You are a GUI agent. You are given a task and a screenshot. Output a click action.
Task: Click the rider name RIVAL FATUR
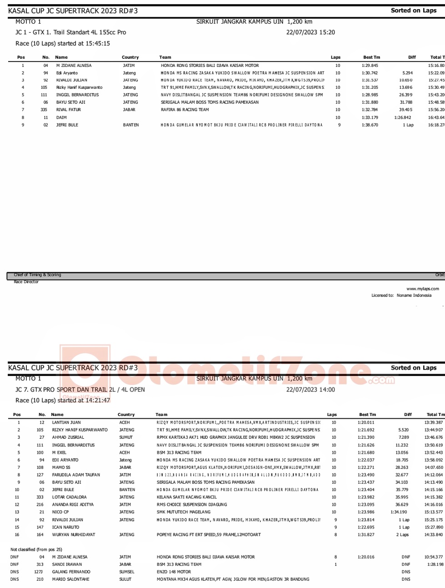(x=69, y=110)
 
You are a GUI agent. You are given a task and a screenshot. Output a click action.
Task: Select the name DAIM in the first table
(x=61, y=117)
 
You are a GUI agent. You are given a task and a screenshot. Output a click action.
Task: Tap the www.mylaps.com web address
(x=423, y=289)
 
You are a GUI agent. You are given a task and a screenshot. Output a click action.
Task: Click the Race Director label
(x=26, y=282)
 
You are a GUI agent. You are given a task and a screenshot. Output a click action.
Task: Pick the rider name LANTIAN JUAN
(x=66, y=422)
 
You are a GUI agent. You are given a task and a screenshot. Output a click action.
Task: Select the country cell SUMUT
(x=126, y=437)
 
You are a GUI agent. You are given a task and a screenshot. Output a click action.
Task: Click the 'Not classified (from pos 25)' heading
(x=36, y=549)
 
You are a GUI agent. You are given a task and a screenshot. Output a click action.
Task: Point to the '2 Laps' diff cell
(x=403, y=535)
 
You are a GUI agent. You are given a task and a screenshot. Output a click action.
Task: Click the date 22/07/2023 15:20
(x=310, y=32)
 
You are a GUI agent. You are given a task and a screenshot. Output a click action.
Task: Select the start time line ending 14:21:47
(x=63, y=400)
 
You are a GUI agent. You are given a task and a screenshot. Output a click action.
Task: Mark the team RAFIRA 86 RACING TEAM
(x=185, y=110)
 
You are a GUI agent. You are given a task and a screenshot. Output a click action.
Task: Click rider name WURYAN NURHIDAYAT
(x=74, y=535)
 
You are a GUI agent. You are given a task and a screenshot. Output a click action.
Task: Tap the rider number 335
(x=44, y=110)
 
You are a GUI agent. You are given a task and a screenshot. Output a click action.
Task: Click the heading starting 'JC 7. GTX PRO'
(x=80, y=390)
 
